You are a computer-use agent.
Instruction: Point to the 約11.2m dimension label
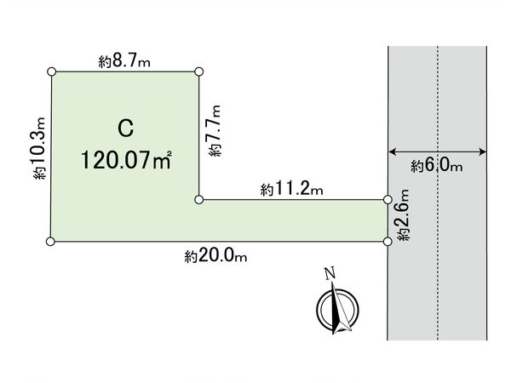(292, 190)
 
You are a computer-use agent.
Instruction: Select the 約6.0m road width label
(436, 166)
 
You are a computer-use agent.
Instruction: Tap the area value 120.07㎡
(127, 159)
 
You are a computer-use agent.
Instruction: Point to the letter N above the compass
(328, 273)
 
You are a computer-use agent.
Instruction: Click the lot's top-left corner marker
(52, 72)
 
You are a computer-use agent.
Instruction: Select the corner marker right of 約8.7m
(199, 72)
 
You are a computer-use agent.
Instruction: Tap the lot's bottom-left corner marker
(51, 242)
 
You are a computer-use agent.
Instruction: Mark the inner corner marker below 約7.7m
(199, 200)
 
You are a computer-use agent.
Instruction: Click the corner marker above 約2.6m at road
(388, 200)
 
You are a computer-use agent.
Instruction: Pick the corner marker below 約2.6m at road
(388, 242)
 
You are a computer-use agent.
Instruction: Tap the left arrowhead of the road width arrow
(391, 153)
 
